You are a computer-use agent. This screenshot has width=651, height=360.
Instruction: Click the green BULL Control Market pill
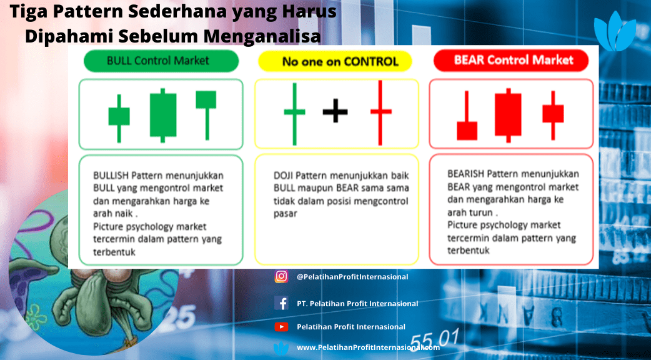click(x=161, y=61)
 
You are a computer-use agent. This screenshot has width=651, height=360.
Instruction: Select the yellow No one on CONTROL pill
click(x=335, y=62)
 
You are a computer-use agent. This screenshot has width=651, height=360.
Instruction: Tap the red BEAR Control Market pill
click(x=511, y=61)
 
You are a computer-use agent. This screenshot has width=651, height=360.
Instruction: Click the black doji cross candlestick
click(x=335, y=111)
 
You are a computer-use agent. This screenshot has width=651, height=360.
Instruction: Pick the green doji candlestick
click(x=294, y=114)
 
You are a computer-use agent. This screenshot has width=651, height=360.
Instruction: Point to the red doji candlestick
click(x=380, y=112)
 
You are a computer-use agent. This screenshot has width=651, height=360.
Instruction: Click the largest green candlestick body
click(x=162, y=115)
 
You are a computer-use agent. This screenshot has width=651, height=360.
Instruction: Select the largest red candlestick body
click(x=508, y=115)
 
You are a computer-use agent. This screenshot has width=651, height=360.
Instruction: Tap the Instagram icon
click(x=281, y=276)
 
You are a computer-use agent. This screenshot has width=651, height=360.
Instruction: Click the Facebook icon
click(x=281, y=303)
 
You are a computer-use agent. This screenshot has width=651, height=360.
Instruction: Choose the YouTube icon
click(x=281, y=327)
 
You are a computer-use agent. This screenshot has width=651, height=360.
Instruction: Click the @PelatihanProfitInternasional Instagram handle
click(x=352, y=276)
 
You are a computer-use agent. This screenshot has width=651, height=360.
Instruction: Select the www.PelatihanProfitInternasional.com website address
click(x=368, y=347)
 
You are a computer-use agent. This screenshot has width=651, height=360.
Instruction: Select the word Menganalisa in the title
click(x=262, y=36)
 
